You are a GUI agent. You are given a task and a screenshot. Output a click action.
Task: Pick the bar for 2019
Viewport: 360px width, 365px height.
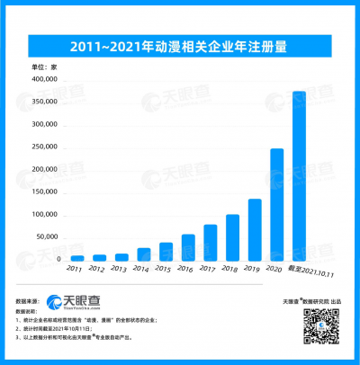click(x=255, y=229)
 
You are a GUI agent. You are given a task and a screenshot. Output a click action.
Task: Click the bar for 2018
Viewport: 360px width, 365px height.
click(x=232, y=237)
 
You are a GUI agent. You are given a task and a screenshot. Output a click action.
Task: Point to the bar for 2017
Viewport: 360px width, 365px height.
click(x=210, y=242)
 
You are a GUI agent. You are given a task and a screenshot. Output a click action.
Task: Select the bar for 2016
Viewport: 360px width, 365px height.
click(x=188, y=247)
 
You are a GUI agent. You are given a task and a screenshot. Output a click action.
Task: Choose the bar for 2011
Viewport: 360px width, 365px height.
click(x=77, y=258)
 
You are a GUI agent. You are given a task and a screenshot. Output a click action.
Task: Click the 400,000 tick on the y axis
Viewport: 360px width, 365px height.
click(x=45, y=80)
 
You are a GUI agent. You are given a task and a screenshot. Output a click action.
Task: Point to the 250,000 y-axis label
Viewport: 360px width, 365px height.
click(x=45, y=147)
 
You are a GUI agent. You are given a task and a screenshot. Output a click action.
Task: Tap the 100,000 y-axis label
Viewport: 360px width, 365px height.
click(x=45, y=215)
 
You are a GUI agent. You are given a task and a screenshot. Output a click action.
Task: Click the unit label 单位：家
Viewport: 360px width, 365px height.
click(x=45, y=67)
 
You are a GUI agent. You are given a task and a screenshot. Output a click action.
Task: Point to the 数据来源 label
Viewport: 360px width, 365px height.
click(x=29, y=298)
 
